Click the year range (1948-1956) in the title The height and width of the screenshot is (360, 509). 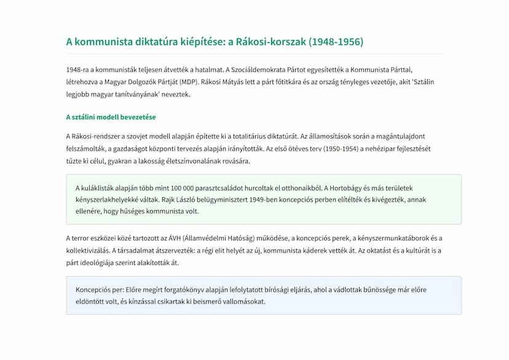(x=336, y=42)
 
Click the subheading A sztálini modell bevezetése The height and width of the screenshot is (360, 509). (x=111, y=117)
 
